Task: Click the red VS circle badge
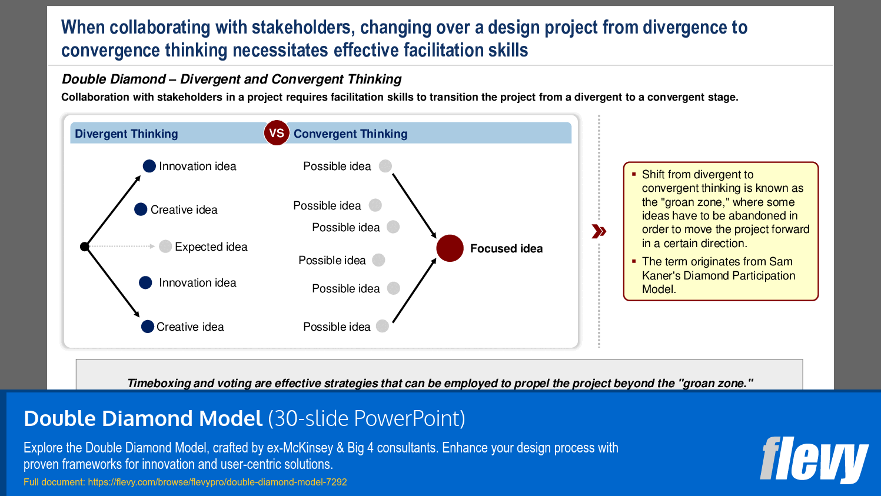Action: (276, 133)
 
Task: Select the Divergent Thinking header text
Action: (126, 134)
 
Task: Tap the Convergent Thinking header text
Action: (350, 134)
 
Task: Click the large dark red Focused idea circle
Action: (450, 248)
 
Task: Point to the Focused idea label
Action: (506, 248)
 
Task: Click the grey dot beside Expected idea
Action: (165, 246)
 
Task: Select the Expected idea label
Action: (211, 247)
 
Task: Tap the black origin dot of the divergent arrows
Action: (85, 247)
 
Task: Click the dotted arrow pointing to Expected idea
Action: (121, 246)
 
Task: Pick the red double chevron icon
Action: (599, 231)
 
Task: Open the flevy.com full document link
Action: (217, 482)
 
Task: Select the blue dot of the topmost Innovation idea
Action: (149, 166)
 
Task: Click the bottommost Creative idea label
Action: (190, 327)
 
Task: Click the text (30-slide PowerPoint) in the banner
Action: (366, 418)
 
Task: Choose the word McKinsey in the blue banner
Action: (308, 448)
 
